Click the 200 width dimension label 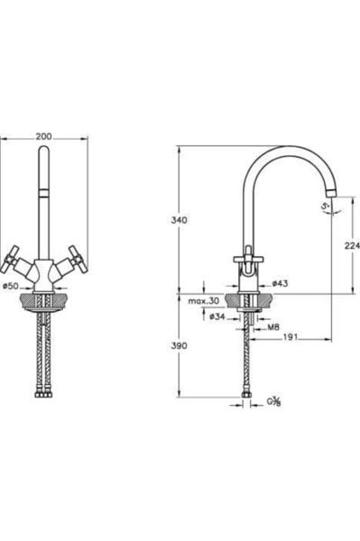[44, 136]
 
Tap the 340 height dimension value [180, 220]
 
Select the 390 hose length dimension [180, 345]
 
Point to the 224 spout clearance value [352, 245]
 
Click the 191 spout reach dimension [291, 337]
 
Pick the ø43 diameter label [280, 284]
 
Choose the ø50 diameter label [10, 286]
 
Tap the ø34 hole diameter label [217, 316]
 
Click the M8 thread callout [273, 327]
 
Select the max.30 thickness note [204, 301]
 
